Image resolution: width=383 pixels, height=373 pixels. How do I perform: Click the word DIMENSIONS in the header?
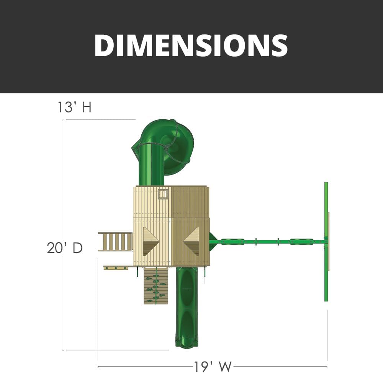pos(191,46)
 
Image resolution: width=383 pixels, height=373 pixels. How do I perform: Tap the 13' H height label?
pos(75,107)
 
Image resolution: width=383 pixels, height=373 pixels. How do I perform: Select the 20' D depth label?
pos(65,248)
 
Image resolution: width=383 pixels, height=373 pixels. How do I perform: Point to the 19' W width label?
pos(213,366)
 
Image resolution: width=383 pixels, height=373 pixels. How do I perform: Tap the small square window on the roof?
pos(164,194)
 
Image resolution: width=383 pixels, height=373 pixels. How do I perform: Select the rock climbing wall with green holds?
pos(156,286)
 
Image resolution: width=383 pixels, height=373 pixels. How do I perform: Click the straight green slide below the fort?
pos(187,307)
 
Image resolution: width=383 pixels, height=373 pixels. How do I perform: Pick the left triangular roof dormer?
pos(151,241)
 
